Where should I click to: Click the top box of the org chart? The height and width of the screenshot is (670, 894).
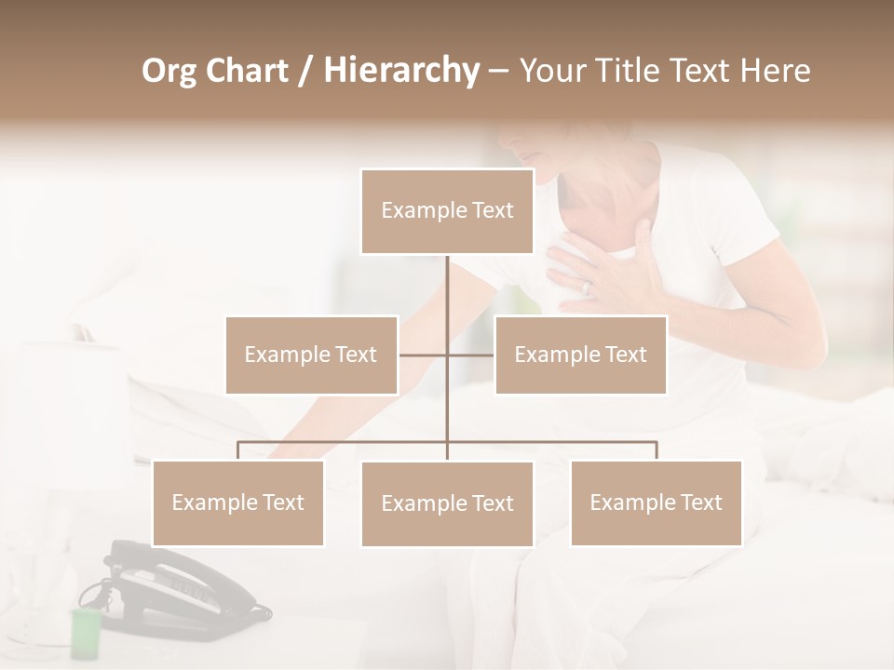tap(447, 211)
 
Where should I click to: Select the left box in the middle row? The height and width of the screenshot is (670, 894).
tap(311, 355)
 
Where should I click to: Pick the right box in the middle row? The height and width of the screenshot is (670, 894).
tap(580, 355)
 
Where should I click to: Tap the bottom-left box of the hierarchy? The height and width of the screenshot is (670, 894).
tap(237, 502)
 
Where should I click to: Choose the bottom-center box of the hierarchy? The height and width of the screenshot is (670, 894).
tap(447, 503)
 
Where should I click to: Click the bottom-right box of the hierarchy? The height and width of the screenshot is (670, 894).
tap(656, 502)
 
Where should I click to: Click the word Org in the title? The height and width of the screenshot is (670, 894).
tap(169, 71)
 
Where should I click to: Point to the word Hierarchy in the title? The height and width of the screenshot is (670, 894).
tap(401, 71)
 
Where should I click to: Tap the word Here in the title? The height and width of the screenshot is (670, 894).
tap(774, 71)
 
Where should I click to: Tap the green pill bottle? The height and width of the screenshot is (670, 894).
tap(85, 633)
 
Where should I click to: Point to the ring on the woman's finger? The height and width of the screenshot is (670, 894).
tap(587, 288)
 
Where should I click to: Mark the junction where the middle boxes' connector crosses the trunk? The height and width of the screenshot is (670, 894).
tap(447, 355)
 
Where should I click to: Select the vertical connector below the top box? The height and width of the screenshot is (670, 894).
tap(447, 288)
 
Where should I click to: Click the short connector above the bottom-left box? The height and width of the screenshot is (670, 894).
tap(237, 450)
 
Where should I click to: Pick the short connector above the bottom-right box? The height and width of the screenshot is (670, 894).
tap(656, 450)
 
